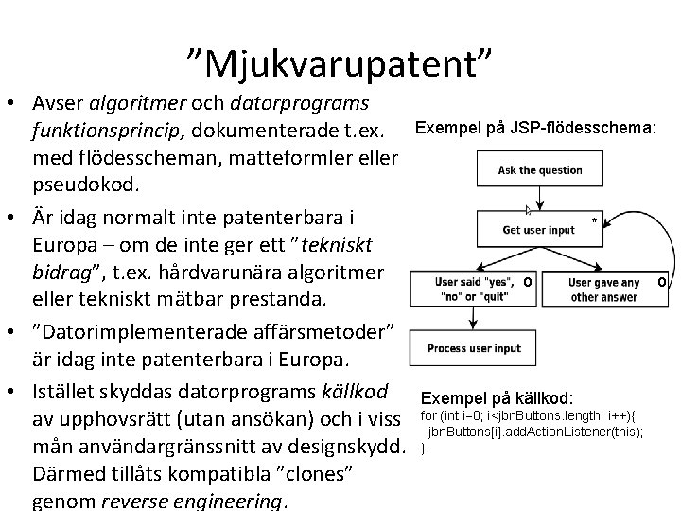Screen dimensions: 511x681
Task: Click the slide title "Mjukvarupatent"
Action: (x=340, y=64)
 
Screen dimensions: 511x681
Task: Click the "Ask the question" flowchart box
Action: (x=540, y=171)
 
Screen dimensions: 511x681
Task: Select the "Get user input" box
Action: (x=539, y=229)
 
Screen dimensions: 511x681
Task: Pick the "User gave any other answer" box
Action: (x=605, y=290)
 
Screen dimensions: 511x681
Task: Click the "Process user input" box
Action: (x=474, y=348)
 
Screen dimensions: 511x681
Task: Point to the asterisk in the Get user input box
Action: (x=594, y=221)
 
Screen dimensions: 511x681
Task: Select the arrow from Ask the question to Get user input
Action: (x=539, y=200)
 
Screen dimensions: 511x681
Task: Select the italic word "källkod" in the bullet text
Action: (x=354, y=391)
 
